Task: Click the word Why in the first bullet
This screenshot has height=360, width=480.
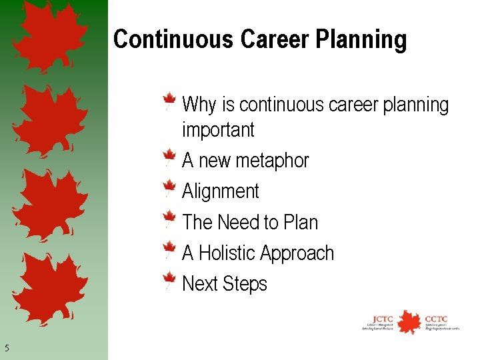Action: pos(199,105)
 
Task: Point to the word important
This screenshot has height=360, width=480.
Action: pos(218,130)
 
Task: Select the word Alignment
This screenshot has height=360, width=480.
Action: pos(220,192)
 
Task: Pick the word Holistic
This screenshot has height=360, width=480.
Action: pos(227,253)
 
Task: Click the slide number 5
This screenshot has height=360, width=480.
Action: pos(7,347)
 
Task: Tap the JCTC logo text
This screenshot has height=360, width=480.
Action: pos(383,319)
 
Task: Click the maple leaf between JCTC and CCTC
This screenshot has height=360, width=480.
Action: pos(409,321)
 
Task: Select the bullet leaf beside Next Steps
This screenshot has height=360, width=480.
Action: pos(170,281)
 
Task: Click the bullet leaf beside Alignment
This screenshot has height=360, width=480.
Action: pos(170,189)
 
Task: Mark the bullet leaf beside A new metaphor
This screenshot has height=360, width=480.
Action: pos(170,159)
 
